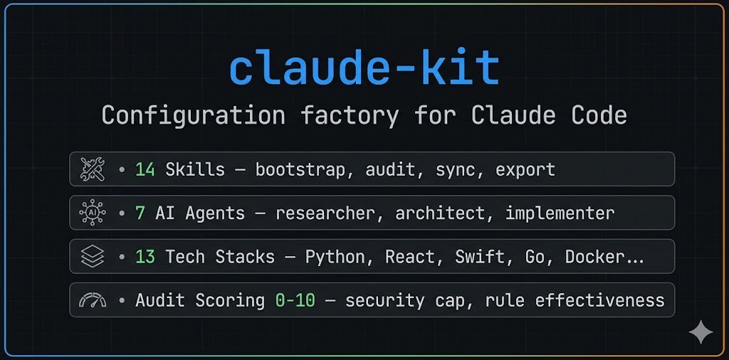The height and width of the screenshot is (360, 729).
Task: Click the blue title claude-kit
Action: point(364,69)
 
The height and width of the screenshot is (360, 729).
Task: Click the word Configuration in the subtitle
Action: point(194,115)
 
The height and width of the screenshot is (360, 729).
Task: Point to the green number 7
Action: point(140,213)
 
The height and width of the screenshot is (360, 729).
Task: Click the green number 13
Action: point(145,257)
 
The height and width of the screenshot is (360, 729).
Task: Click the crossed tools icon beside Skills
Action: point(93,170)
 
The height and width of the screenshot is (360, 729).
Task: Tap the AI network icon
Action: point(93,213)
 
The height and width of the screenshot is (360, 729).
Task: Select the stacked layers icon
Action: point(93,257)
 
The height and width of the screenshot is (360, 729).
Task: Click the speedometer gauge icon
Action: point(93,300)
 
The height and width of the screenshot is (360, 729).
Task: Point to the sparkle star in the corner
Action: point(701,332)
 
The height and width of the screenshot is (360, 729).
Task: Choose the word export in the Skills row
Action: point(525,170)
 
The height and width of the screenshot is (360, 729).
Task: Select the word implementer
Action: point(560,213)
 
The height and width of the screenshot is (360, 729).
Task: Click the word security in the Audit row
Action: point(384,300)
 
